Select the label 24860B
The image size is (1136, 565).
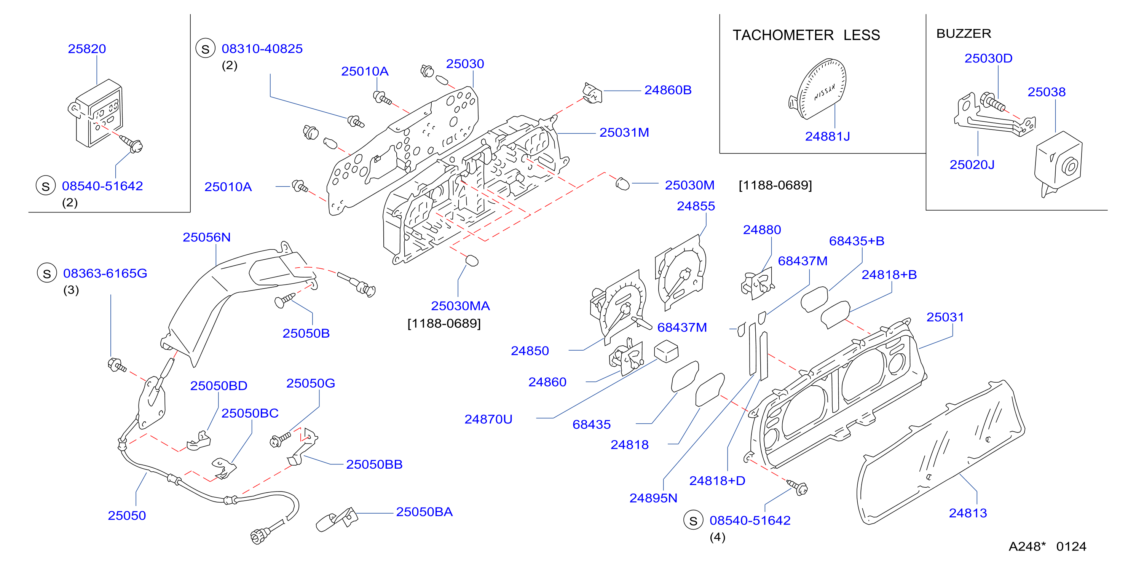[x=668, y=90]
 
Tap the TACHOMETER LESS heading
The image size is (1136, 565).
[x=806, y=35]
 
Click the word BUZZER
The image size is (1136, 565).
[x=964, y=34]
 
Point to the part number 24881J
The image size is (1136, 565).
[x=827, y=136]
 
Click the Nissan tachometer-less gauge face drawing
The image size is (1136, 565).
[x=818, y=89]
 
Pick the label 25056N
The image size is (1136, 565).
[x=206, y=237]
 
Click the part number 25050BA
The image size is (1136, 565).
[x=424, y=512]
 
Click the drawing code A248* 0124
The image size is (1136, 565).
[x=1047, y=546]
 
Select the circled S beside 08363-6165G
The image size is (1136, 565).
[x=47, y=273]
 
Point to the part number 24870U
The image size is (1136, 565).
[x=488, y=419]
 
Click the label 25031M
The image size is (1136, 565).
[x=624, y=132]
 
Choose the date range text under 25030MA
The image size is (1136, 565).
[x=444, y=323]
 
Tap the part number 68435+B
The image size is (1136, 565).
[x=857, y=241]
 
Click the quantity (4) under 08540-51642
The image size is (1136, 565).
[x=717, y=537]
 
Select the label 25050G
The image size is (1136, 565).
[x=311, y=383]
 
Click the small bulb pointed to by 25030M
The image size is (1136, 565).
[x=622, y=184]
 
